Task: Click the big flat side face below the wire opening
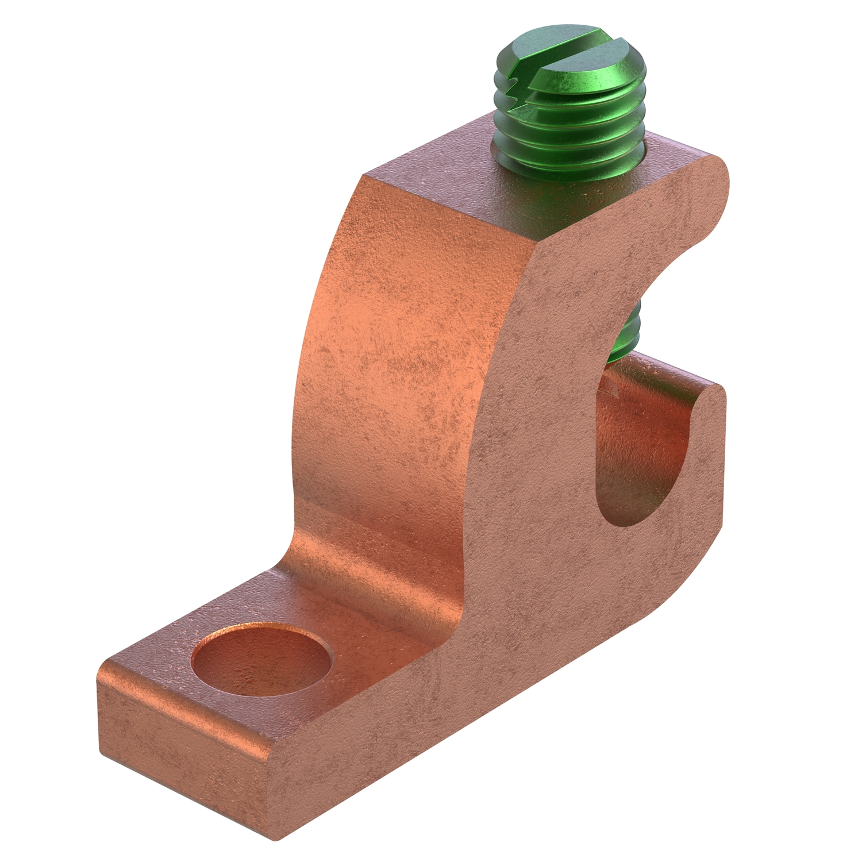[x=575, y=603]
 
